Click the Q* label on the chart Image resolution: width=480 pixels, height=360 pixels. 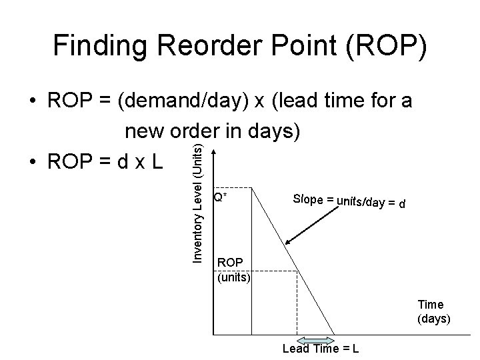point(219,197)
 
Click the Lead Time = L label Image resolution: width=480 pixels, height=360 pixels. point(321,349)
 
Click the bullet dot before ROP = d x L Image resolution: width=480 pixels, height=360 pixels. point(32,163)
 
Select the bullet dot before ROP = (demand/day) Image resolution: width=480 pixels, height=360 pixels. point(32,104)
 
